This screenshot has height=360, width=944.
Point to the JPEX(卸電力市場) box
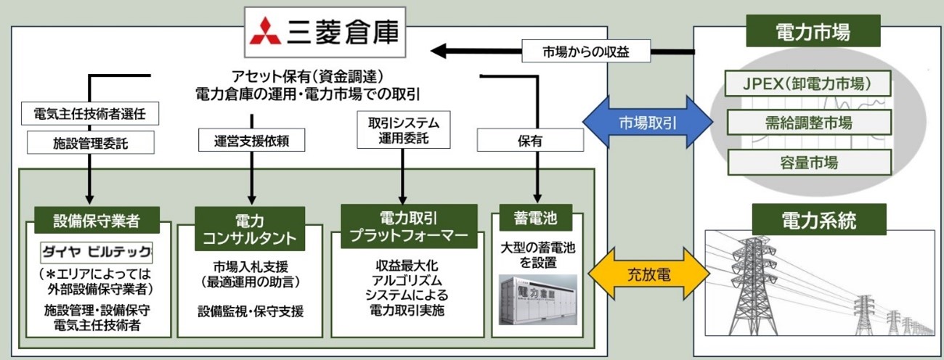click(x=809, y=84)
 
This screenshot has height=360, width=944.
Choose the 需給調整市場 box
click(x=809, y=123)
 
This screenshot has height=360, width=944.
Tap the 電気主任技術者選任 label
click(x=91, y=114)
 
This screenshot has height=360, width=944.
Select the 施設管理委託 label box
click(x=91, y=142)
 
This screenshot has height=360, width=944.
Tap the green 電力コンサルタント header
click(x=249, y=229)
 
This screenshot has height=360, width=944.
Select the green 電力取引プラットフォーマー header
click(x=409, y=225)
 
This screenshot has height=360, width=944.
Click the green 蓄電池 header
click(x=536, y=218)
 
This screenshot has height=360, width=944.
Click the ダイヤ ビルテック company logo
click(x=97, y=253)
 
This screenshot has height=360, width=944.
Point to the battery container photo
click(x=537, y=300)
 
